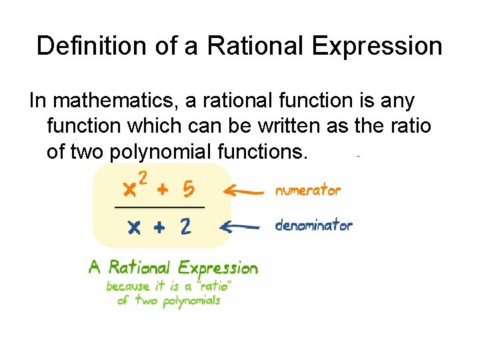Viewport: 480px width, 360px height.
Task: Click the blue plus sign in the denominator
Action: pyautogui.click(x=159, y=227)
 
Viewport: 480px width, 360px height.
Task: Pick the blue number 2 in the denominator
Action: pyautogui.click(x=185, y=227)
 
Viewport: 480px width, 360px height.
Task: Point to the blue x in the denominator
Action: pyautogui.click(x=134, y=228)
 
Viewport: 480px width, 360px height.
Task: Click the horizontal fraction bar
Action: pyautogui.click(x=160, y=208)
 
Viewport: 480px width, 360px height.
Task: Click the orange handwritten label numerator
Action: pyautogui.click(x=308, y=191)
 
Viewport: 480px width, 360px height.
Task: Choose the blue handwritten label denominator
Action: pyautogui.click(x=313, y=225)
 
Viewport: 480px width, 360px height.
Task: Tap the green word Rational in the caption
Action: pyautogui.click(x=137, y=268)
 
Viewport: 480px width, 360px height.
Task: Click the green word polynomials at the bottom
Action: pyautogui.click(x=189, y=300)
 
